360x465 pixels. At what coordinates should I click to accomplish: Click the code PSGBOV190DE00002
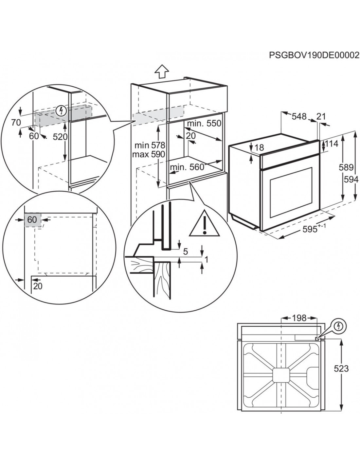314,55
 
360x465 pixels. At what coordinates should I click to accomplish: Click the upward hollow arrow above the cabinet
162,71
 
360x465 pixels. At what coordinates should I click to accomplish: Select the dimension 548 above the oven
299,116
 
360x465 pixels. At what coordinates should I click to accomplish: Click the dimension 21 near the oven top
322,116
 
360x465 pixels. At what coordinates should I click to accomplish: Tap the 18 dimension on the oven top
259,147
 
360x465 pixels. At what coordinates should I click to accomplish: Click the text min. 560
187,167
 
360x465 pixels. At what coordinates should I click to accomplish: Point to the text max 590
149,154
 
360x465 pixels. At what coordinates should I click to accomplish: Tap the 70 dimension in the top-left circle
15,123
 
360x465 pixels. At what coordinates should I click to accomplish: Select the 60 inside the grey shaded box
32,220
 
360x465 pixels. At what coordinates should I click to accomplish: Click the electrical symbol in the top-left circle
61,111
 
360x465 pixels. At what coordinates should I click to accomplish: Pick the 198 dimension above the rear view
299,318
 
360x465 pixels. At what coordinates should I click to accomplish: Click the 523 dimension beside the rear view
341,369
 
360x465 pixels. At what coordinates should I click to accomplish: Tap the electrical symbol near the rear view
339,326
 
